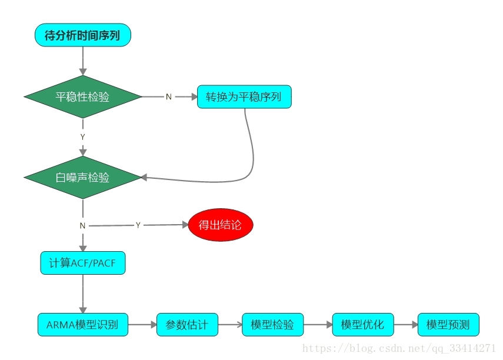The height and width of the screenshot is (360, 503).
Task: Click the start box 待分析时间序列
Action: click(x=82, y=35)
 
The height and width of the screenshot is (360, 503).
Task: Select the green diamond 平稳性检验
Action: click(x=82, y=96)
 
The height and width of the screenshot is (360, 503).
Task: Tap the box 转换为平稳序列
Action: click(x=244, y=96)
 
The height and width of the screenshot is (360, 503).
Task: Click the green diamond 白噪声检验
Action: click(x=82, y=177)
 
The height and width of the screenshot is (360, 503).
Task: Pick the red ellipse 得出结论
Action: click(x=220, y=225)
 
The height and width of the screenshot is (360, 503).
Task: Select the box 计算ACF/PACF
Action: click(x=82, y=262)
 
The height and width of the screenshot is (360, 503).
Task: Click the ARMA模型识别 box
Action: click(x=82, y=324)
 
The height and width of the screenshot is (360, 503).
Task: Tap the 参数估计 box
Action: click(x=187, y=324)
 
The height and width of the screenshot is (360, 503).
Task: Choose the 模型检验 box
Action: click(x=272, y=324)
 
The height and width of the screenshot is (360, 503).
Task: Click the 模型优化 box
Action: click(x=363, y=324)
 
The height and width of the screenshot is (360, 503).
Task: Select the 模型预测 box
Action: click(x=448, y=324)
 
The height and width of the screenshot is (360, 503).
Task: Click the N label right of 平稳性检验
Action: click(x=169, y=97)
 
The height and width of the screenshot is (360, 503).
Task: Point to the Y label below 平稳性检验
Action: click(x=82, y=136)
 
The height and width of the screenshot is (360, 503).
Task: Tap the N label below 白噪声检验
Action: click(x=82, y=225)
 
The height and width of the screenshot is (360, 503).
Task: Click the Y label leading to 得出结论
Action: click(x=138, y=225)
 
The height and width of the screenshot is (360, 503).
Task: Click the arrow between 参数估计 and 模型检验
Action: click(x=230, y=324)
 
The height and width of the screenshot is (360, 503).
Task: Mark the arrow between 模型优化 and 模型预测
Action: click(x=405, y=324)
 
